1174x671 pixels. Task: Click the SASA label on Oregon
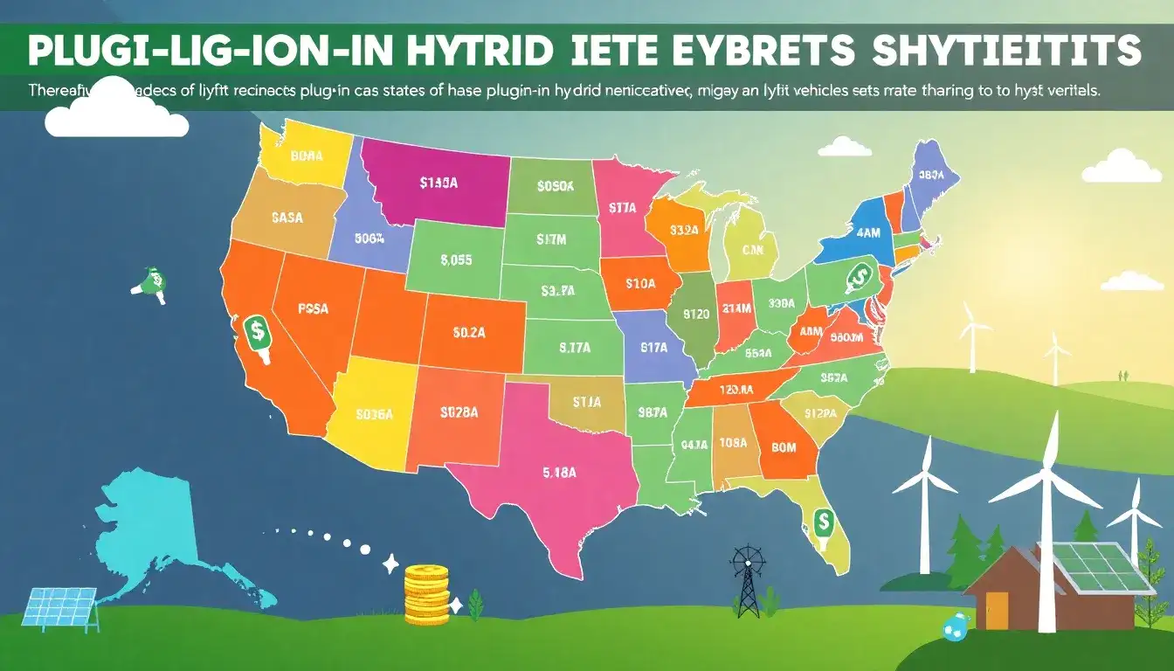287,218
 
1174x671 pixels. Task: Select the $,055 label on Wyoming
456,259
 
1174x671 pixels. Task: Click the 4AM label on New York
868,233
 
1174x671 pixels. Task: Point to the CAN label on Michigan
753,250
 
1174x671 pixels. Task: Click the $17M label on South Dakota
552,238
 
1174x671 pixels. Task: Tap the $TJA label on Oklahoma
587,403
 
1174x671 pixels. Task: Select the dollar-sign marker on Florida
822,523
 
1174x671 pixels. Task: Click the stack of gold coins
426,593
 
